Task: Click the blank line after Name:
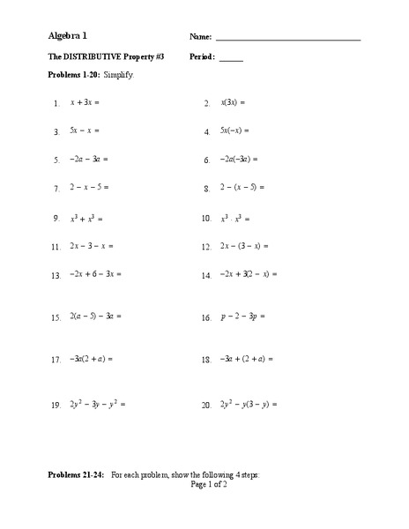287,40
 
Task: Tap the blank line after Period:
231,60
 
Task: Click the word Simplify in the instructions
117,77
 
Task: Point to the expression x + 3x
86,102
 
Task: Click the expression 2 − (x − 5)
242,188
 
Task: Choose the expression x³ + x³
87,217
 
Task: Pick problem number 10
206,218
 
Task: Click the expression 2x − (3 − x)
245,246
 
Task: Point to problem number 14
206,275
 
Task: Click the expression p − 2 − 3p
242,317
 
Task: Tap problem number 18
206,360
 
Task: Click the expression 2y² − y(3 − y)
249,404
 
